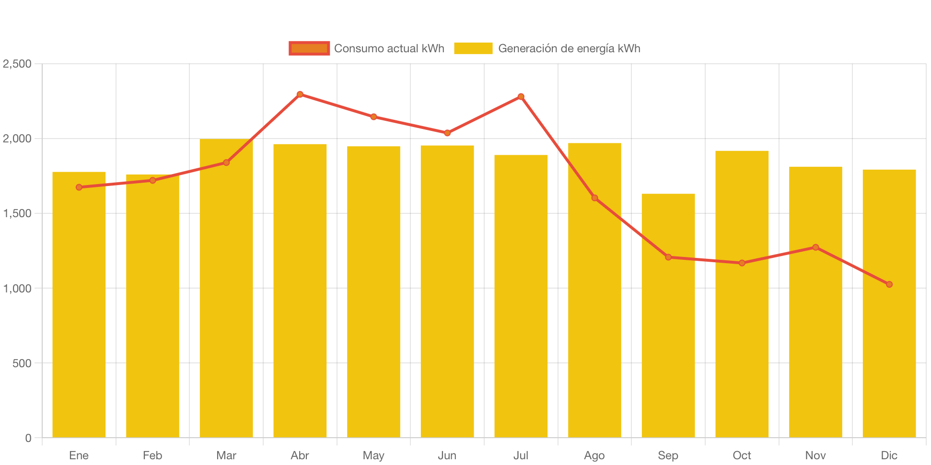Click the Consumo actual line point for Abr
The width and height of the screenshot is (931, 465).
click(300, 94)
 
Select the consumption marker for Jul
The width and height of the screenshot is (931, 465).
click(521, 96)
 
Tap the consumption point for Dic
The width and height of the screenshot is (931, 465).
click(889, 284)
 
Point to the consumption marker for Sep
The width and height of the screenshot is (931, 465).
click(668, 257)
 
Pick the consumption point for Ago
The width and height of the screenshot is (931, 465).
click(594, 198)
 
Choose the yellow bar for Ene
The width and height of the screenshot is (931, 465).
click(79, 312)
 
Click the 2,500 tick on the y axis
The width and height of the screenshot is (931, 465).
click(17, 64)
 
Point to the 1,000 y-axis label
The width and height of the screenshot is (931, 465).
click(17, 289)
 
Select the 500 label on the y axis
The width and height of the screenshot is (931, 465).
click(22, 363)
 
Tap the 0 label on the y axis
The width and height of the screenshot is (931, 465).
click(28, 438)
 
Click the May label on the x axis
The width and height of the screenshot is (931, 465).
click(373, 455)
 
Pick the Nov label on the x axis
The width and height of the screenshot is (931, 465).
click(815, 455)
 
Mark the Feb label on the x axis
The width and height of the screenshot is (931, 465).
click(152, 455)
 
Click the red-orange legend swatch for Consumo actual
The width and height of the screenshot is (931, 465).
click(309, 48)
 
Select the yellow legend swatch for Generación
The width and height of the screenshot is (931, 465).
click(473, 48)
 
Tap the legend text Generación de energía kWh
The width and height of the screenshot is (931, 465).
click(569, 48)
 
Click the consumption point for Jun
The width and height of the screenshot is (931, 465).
click(447, 133)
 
